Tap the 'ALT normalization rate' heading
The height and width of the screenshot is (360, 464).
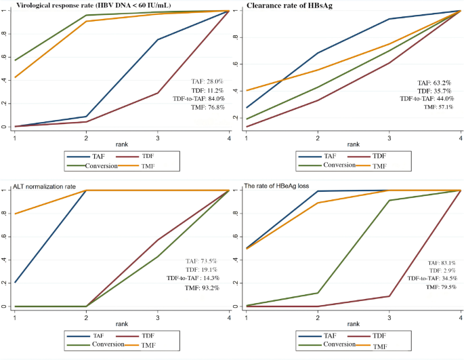41,185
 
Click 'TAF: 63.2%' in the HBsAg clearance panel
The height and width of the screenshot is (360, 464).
436,82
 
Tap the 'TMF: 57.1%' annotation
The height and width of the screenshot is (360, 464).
438,107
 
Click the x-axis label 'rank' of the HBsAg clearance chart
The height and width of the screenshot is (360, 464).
354,144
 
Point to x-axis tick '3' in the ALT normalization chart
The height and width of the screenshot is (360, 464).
158,317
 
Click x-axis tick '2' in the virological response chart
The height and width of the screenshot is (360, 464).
87,136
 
